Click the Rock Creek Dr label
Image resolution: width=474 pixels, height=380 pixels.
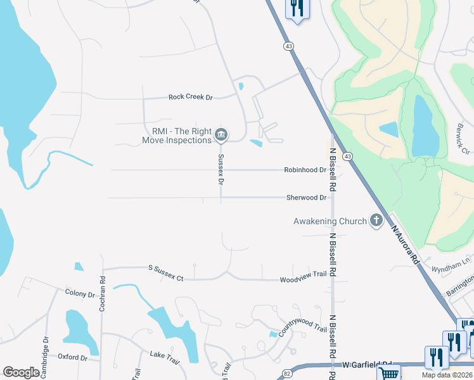point(190,98)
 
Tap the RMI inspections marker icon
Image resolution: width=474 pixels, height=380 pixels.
point(221,134)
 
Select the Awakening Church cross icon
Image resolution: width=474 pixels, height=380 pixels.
point(376,220)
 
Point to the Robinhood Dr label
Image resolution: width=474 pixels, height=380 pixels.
point(305,170)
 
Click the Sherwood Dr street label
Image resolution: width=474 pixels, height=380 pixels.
point(306,198)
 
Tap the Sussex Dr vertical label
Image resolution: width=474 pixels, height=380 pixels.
point(221,168)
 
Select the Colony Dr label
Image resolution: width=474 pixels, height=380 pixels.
point(80,294)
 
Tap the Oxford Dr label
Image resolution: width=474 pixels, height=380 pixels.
point(72,357)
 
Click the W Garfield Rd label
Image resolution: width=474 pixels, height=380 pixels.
point(368,365)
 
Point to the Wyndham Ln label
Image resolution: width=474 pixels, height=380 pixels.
point(444,269)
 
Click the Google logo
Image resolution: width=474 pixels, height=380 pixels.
point(21,372)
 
